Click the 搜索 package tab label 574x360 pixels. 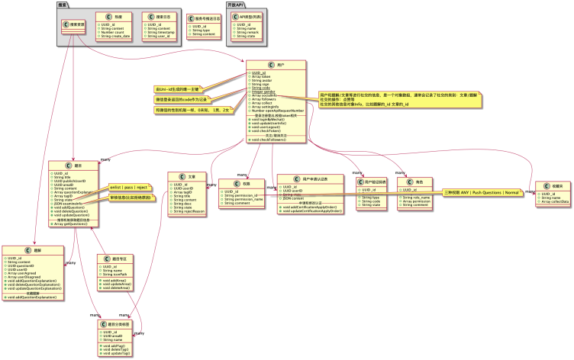coord(62,5)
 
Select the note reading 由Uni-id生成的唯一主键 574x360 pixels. coord(178,89)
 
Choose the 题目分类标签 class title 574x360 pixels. coord(119,324)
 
